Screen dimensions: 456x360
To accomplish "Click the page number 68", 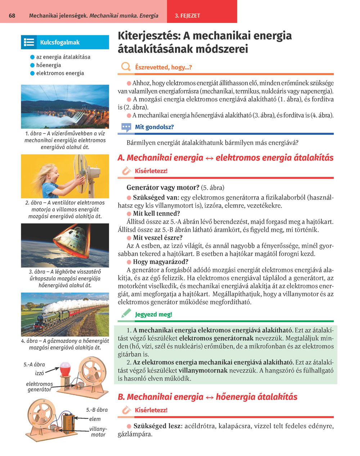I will coord(12,16).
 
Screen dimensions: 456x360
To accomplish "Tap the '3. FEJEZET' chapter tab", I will coord(187,16).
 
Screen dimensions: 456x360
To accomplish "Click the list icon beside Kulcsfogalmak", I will coord(29,42).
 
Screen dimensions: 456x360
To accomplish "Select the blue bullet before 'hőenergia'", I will coord(32,65).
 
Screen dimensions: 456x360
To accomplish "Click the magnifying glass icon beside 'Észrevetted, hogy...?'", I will coord(126,67).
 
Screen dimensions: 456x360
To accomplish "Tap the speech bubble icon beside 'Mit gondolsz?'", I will coord(126,127).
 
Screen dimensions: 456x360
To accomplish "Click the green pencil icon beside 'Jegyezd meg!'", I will coord(126,314).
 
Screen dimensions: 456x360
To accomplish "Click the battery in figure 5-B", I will coord(69,422).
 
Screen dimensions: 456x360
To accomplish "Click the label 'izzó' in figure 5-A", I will coord(39,373).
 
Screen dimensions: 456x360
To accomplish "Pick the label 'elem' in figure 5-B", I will coord(95,419).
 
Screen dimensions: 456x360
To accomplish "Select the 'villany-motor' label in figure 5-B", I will coord(98,432).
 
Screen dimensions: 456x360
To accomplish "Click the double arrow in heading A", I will coord(210,158).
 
